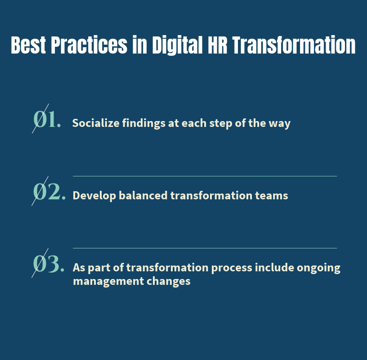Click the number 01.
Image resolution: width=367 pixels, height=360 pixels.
point(47,120)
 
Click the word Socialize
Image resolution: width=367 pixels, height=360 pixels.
point(95,123)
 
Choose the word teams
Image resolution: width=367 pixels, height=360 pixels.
point(273,196)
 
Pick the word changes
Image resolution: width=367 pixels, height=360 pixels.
point(170,282)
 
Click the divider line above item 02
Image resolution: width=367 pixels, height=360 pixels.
point(205,176)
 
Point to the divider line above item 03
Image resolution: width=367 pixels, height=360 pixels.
point(205,248)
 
